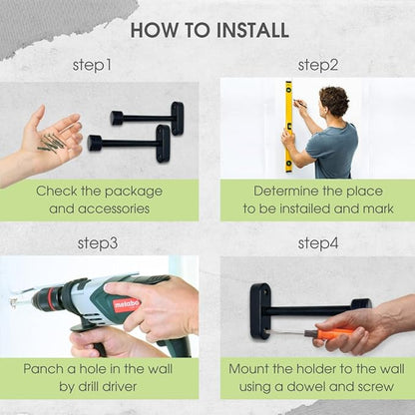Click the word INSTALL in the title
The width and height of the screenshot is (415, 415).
click(x=252, y=30)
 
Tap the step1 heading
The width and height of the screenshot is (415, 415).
click(x=92, y=65)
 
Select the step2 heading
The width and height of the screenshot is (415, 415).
click(x=318, y=65)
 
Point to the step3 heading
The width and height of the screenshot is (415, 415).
click(x=98, y=243)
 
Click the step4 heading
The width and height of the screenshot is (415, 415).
click(x=318, y=243)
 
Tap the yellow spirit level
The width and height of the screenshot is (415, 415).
click(x=288, y=127)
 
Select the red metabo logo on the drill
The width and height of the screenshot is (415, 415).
click(x=127, y=304)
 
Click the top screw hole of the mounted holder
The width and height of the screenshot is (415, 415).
click(x=265, y=293)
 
